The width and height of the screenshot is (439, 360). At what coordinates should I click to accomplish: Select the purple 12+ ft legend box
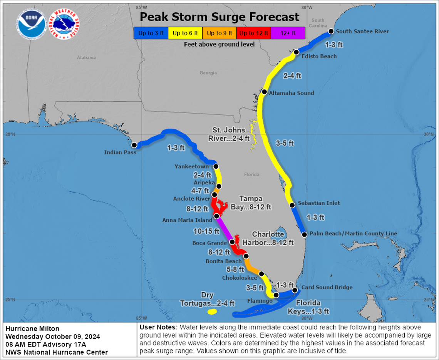(288, 33)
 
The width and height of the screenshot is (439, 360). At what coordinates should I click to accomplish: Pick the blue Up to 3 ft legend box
(151, 33)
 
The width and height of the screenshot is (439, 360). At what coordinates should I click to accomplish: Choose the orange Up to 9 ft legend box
(219, 33)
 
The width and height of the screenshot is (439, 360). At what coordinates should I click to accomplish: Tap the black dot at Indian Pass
(134, 145)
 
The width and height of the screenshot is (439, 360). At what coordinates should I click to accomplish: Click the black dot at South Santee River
(330, 32)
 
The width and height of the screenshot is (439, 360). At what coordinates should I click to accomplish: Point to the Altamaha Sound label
(291, 93)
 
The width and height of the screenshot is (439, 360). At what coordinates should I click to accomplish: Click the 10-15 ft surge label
(206, 231)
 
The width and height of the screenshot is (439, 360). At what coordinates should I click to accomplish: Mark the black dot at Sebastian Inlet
(292, 205)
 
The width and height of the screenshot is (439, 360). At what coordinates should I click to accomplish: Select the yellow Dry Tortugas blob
(212, 312)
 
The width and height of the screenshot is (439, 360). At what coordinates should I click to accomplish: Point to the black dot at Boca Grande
(232, 242)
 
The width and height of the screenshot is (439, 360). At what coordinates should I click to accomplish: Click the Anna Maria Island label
(187, 220)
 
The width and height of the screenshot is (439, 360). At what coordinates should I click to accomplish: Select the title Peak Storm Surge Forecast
(219, 17)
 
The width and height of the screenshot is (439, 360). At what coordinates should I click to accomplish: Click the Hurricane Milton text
(33, 328)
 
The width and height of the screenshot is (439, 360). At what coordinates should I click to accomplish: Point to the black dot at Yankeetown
(216, 166)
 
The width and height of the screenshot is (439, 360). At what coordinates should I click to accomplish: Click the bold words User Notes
(157, 327)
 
